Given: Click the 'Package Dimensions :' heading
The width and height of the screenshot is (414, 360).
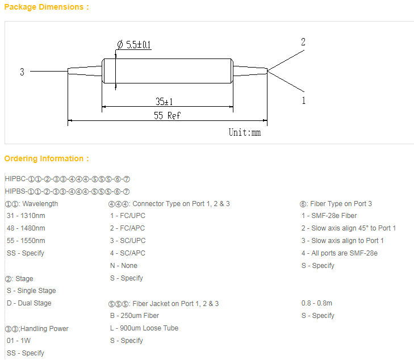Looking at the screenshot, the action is tap(47, 7).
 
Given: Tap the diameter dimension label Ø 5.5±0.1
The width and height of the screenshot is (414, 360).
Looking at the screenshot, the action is tap(134, 45).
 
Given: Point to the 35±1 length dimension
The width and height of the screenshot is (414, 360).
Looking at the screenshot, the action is tap(164, 101).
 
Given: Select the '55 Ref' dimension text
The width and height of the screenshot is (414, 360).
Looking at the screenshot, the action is tap(167, 115).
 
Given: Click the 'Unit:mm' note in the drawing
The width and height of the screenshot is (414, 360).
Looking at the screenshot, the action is tap(245, 132).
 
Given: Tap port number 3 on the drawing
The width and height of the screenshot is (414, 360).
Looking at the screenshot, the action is tap(22, 72).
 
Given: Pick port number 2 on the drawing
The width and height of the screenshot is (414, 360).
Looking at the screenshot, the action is tap(303, 42).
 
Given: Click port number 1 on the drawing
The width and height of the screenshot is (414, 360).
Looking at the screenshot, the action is tap(304, 101).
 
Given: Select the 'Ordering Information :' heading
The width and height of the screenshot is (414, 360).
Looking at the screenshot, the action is tap(47, 158).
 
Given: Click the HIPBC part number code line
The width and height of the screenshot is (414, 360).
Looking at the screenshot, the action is tap(68, 179).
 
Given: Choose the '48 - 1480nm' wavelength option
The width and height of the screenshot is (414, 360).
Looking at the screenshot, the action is tap(26, 228).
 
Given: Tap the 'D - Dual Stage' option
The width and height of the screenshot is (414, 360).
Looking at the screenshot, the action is tap(29, 303).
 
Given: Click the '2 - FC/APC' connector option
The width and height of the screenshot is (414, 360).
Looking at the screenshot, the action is tap(128, 228).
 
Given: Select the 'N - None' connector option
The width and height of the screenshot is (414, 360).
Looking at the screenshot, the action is tap(124, 266).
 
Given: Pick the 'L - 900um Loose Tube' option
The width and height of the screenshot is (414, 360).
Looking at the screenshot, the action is tap(144, 328).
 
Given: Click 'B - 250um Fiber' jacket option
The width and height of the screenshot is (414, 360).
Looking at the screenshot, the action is tap(135, 316).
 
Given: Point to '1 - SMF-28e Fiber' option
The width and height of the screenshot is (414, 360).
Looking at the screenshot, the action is tap(329, 216).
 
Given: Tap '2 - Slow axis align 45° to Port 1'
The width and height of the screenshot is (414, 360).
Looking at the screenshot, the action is tap(349, 228).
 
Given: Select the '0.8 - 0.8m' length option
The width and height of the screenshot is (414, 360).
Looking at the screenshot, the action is tap(317, 303).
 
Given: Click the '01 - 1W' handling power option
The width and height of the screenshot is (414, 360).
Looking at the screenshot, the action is tap(19, 341).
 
